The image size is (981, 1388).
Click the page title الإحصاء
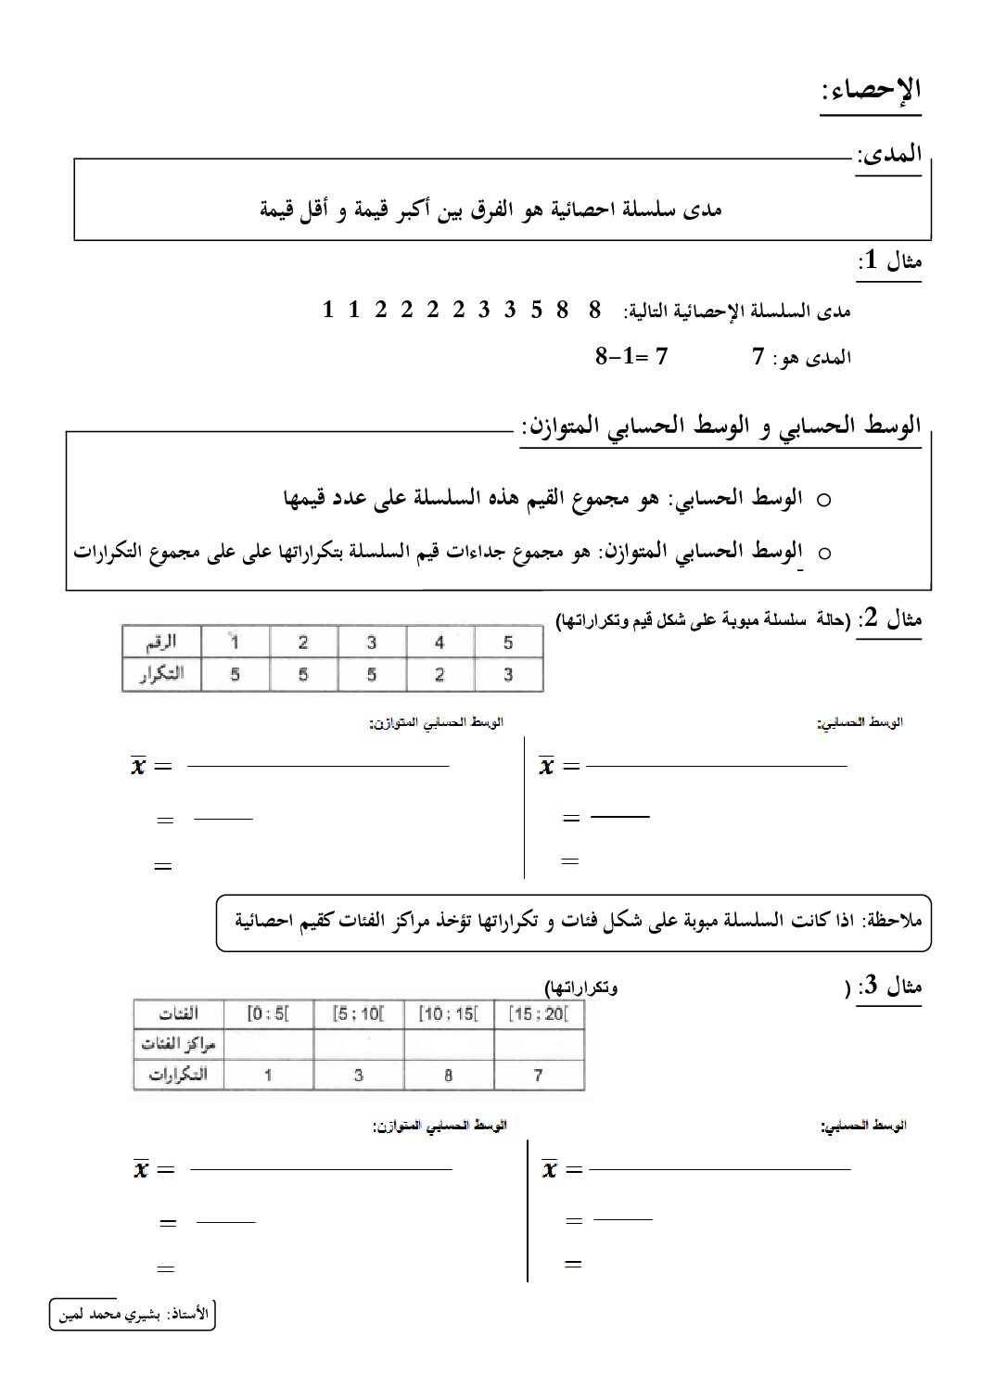871,92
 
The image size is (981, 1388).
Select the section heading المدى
889,155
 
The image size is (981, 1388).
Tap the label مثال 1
889,261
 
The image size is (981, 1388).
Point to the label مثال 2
889,618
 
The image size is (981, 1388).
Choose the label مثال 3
889,987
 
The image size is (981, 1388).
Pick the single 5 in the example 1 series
536,310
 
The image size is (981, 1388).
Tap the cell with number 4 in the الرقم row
440,643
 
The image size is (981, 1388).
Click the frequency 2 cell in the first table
440,675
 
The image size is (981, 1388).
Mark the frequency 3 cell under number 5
507,675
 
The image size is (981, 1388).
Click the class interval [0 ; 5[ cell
269,1013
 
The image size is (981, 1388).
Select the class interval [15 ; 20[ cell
538,1013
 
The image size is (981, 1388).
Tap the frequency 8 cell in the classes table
449,1076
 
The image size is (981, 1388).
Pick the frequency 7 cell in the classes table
538,1076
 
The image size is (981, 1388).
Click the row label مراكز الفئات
178,1044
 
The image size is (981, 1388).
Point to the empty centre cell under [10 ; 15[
449,1044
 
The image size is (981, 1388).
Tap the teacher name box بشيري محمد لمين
133,1314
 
